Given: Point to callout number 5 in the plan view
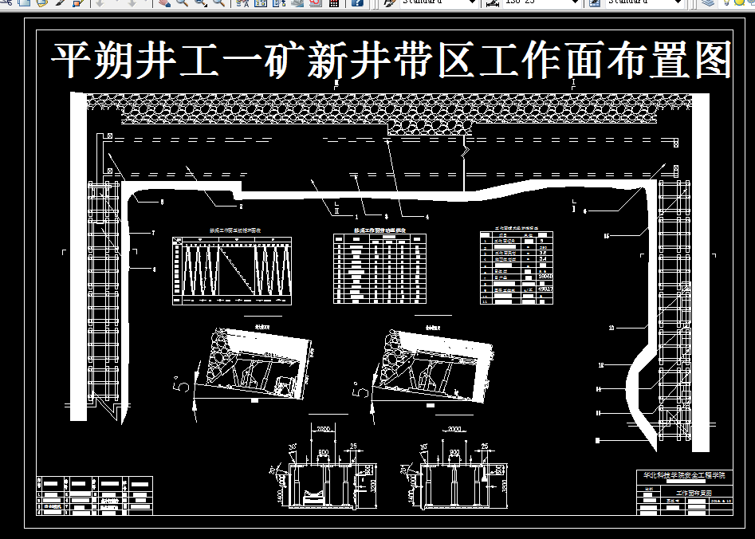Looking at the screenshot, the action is point(163,203).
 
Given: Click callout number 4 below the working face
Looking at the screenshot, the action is point(427,216).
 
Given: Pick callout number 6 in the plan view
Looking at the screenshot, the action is point(586,211).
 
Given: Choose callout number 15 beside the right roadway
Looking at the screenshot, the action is point(607,237).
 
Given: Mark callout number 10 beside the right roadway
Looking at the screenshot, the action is point(611,328).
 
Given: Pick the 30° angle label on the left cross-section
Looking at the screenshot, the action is point(292,447).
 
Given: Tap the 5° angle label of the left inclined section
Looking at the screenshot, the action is point(182,385).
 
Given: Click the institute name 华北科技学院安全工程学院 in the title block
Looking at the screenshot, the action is point(685,475).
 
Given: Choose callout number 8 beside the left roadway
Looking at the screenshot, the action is point(155,269).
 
